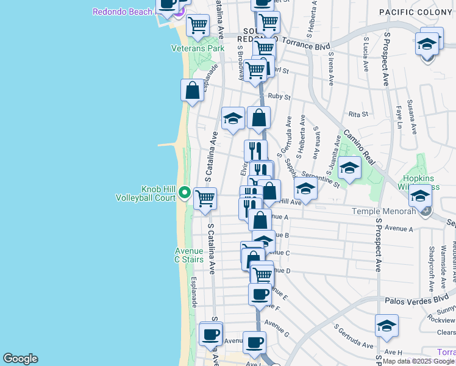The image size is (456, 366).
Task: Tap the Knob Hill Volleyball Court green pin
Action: (185, 194)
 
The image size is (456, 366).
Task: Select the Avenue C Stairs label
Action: (188, 255)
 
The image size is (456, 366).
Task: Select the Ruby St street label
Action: (279, 96)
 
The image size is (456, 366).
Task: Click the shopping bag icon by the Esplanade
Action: (192, 91)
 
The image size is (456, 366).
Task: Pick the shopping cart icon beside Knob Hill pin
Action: (205, 198)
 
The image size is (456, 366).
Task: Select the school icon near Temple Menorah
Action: (420, 196)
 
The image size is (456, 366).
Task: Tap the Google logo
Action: (20, 359)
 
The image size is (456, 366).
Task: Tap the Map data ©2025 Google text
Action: (418, 361)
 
